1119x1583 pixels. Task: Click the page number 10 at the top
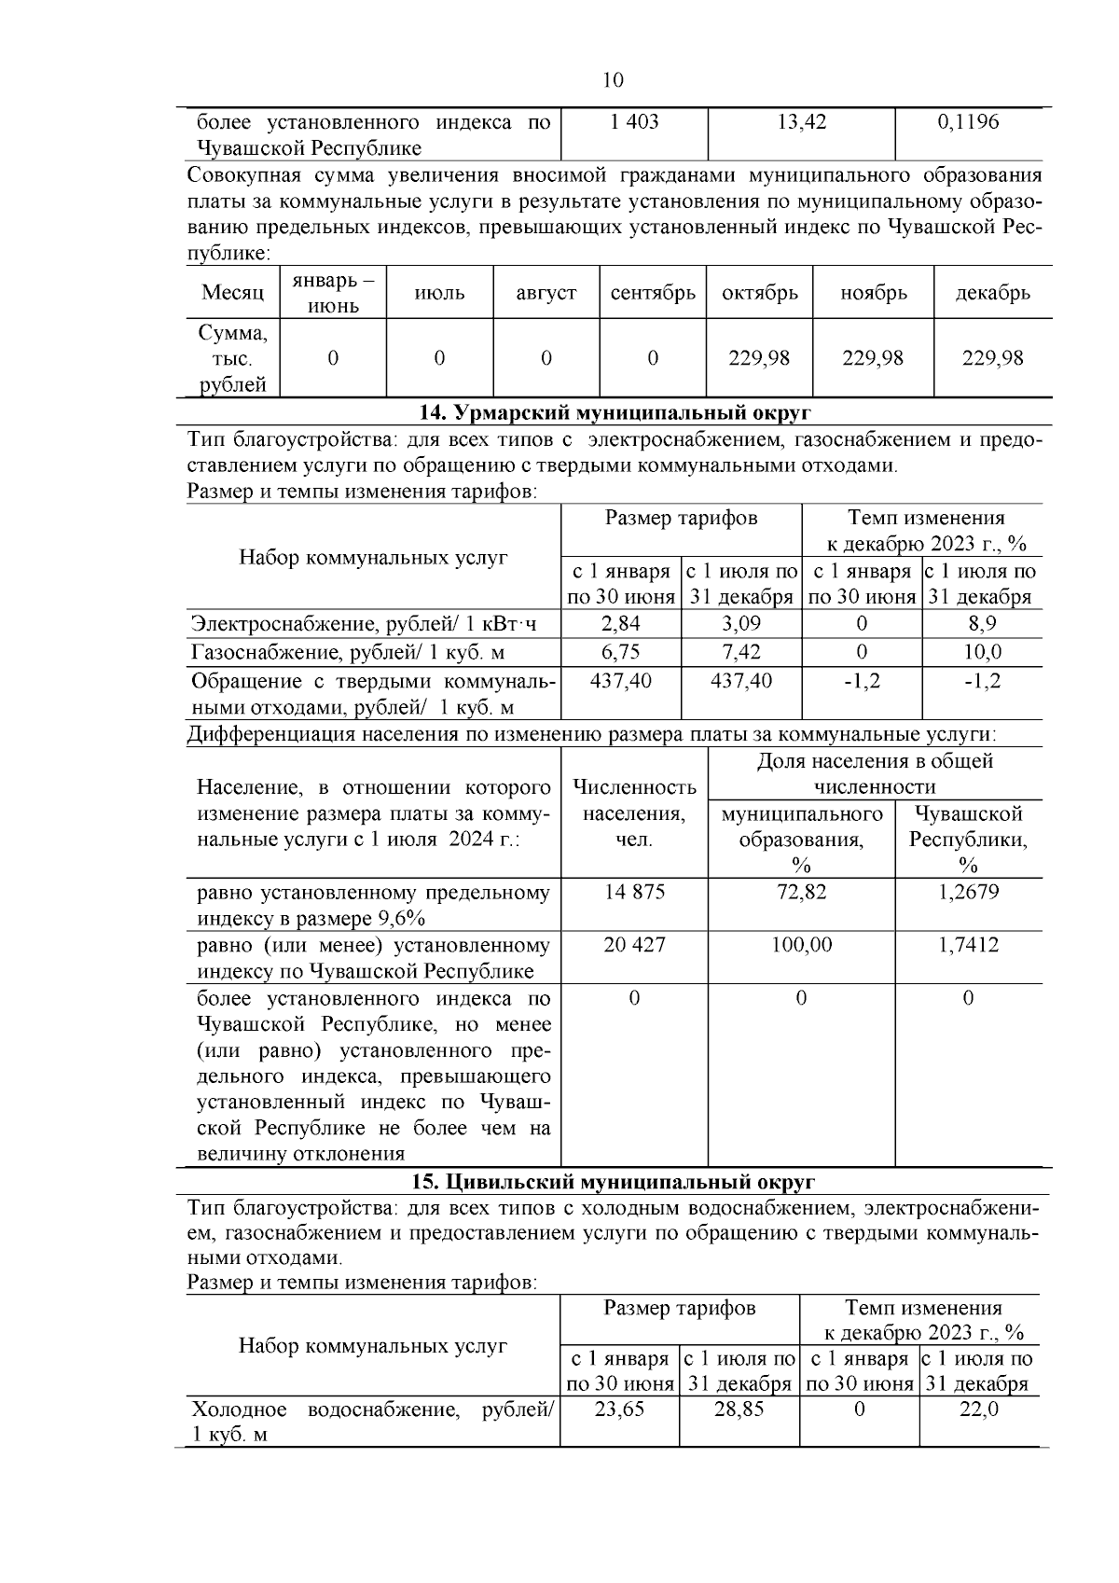[x=613, y=80]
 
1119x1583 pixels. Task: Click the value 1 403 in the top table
[x=634, y=122]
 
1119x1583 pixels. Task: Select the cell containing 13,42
[x=801, y=122]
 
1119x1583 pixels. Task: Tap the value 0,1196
[x=967, y=122]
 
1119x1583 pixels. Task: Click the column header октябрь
[x=759, y=293]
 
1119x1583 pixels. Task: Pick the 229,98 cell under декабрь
[x=992, y=358]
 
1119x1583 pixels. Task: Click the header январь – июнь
[x=333, y=293]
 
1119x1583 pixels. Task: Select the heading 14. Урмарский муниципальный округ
[x=614, y=412]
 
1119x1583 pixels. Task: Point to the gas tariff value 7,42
[x=741, y=651]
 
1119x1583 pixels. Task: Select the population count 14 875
[x=634, y=892]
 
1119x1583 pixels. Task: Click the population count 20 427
[x=634, y=945]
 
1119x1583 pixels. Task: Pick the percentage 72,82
[x=801, y=892]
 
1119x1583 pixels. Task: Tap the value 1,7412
[x=967, y=945]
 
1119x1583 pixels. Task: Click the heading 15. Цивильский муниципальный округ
[x=614, y=1182]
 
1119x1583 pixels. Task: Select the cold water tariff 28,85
[x=739, y=1409]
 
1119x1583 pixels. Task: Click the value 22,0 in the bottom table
[x=978, y=1409]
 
